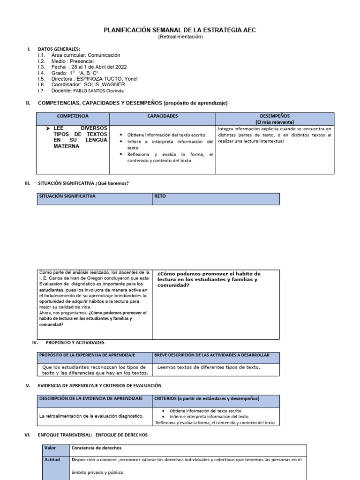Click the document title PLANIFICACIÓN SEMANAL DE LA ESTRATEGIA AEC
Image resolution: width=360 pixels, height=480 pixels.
pyautogui.click(x=180, y=30)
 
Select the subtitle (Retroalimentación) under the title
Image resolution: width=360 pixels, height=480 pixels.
pyautogui.click(x=180, y=37)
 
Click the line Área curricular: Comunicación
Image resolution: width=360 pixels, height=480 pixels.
pyautogui.click(x=86, y=55)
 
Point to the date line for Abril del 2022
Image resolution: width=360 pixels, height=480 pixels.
pyautogui.click(x=89, y=67)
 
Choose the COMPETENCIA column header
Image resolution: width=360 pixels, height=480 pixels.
pyautogui.click(x=73, y=116)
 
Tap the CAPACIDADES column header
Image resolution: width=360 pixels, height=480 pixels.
pyautogui.click(x=162, y=116)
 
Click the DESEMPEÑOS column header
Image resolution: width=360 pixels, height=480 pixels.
pyautogui.click(x=275, y=116)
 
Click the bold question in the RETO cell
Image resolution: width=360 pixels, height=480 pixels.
pyautogui.click(x=209, y=279)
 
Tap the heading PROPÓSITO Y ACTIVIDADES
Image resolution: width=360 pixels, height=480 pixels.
pyautogui.click(x=75, y=343)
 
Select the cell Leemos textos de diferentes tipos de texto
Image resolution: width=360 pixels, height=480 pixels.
pyautogui.click(x=209, y=367)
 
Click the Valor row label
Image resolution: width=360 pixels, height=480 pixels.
pyautogui.click(x=50, y=448)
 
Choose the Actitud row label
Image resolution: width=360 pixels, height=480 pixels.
pyautogui.click(x=52, y=460)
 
